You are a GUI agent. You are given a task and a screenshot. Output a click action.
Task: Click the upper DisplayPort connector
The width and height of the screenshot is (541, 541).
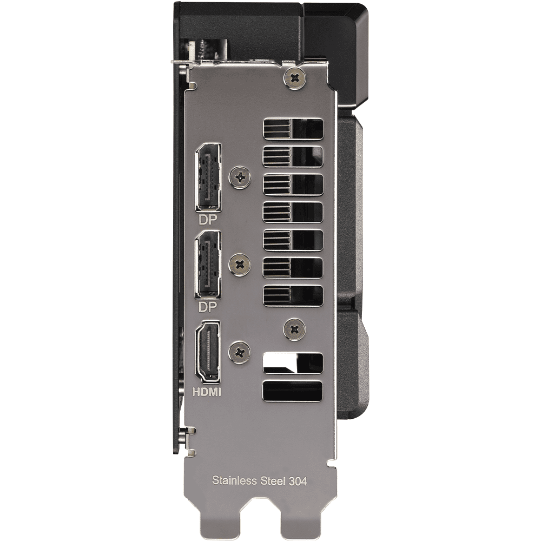208,177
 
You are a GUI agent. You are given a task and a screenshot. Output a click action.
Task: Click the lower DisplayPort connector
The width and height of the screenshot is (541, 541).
208,265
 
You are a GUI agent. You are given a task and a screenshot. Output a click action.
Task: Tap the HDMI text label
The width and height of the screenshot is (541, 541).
206,392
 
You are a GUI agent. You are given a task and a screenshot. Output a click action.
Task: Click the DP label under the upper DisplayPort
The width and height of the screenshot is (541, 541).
208,220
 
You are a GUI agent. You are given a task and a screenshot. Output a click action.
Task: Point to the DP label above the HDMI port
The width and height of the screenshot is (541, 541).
208,307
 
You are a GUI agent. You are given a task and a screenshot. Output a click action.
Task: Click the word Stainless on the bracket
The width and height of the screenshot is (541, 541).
234,480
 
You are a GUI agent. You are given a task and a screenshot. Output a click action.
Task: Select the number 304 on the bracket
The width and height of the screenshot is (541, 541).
298,480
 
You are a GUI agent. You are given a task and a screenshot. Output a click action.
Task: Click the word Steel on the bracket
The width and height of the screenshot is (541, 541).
273,480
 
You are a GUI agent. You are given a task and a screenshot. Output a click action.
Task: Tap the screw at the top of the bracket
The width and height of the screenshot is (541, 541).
295,78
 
